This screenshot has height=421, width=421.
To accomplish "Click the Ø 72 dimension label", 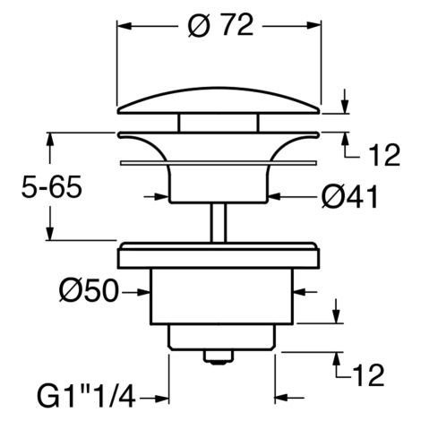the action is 220,26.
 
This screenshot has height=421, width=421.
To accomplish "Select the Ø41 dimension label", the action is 349,197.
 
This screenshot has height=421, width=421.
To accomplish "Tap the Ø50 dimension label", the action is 89,290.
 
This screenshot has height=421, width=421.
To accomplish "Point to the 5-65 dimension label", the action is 52,187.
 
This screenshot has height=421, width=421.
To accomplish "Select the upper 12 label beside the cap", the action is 383,155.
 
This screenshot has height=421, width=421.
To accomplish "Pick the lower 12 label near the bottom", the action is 368,375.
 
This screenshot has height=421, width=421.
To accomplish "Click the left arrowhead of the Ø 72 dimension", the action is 125,26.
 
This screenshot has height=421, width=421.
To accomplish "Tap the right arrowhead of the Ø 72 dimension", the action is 314,26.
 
